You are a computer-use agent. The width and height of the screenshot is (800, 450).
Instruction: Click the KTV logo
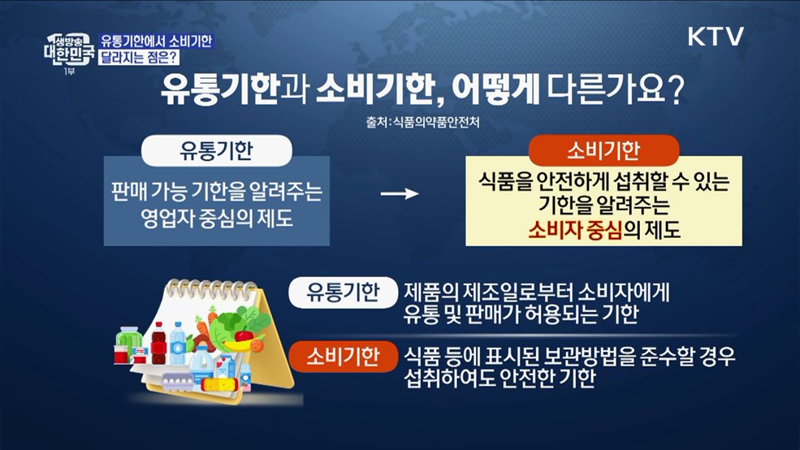(716, 37)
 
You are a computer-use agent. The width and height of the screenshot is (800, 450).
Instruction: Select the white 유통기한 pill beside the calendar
(335, 293)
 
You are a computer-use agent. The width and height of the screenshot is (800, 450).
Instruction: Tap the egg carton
(178, 378)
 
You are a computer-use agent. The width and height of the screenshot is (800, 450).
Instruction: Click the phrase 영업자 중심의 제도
(217, 217)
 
